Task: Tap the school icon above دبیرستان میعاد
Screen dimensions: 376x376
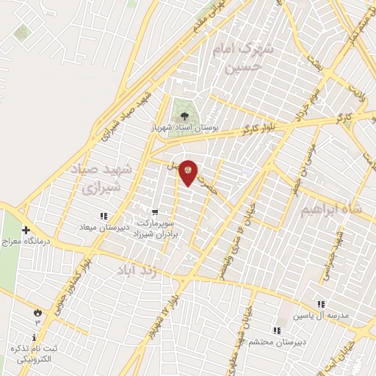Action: [104, 216]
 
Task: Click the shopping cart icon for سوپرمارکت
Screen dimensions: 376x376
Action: [153, 212]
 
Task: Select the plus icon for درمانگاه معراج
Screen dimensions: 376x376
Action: [26, 230]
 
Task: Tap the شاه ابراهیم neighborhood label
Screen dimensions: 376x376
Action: [331, 209]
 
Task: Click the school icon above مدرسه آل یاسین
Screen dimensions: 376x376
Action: [320, 304]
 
